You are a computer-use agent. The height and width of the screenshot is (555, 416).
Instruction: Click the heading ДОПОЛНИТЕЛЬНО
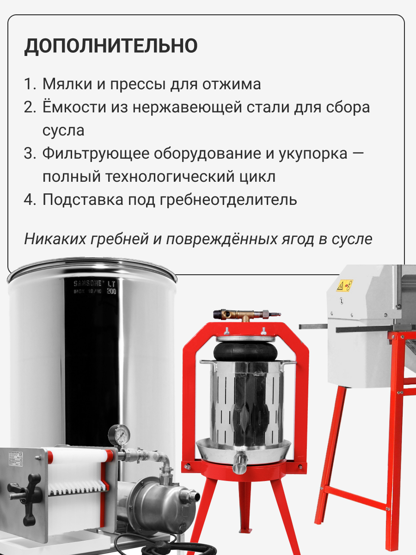click(x=110, y=46)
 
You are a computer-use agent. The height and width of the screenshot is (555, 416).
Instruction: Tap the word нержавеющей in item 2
click(x=187, y=107)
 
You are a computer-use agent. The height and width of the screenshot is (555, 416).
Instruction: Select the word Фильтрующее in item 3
click(x=96, y=154)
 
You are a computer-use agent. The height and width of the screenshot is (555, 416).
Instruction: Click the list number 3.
click(x=30, y=154)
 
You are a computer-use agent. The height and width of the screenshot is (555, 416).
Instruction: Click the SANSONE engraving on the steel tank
click(x=87, y=284)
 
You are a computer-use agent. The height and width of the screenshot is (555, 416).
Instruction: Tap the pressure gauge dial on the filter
click(x=119, y=435)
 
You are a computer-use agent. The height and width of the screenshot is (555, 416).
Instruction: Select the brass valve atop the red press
click(x=246, y=314)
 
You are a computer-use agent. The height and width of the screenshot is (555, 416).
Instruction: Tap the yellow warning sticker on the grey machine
click(x=344, y=286)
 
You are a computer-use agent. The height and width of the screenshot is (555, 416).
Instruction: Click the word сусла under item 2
click(x=63, y=131)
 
